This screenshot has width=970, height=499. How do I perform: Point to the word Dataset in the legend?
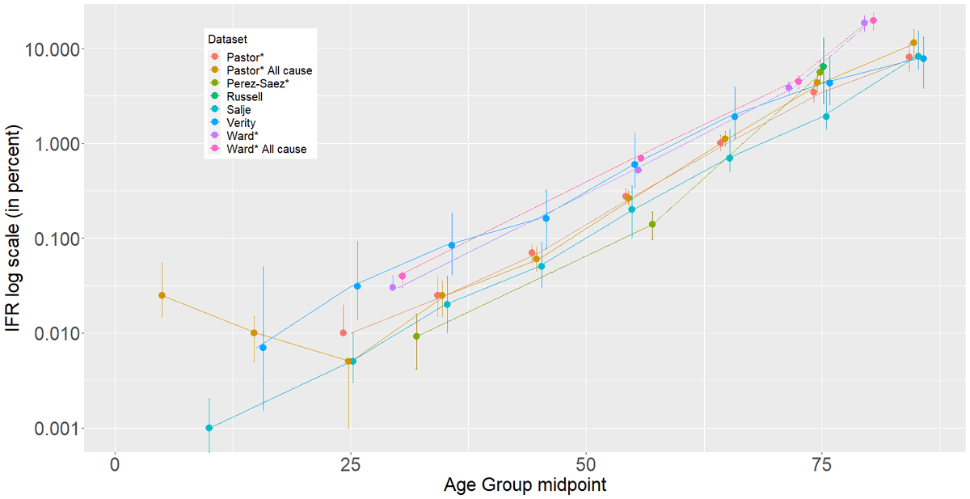click(226, 39)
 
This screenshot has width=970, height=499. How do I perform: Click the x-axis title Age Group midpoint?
click(525, 485)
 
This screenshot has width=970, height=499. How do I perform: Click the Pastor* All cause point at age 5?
click(162, 295)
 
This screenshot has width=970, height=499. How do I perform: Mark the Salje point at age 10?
click(209, 428)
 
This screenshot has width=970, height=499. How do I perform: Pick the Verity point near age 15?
click(263, 348)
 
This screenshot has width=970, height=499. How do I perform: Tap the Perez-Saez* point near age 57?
click(652, 224)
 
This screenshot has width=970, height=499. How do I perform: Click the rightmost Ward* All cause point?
click(873, 21)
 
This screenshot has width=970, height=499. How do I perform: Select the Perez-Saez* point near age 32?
click(416, 336)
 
